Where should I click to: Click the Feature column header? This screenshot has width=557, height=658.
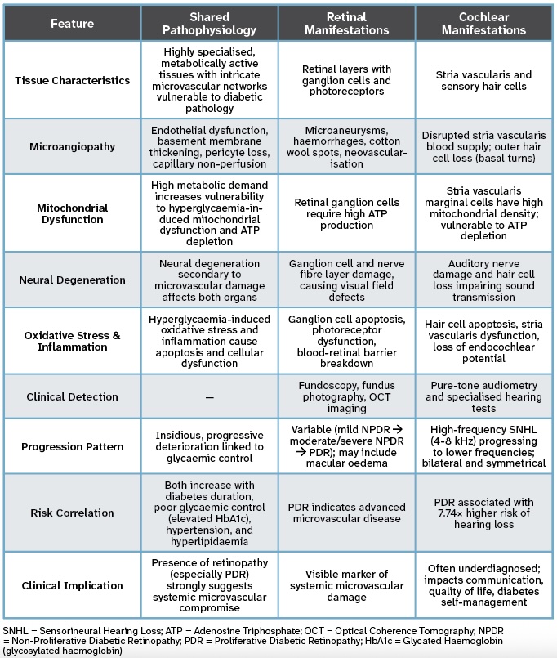72,24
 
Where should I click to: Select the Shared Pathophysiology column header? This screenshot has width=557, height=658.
209,24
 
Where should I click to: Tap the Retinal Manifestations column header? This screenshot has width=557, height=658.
346,24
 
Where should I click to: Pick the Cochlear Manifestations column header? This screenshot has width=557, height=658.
483,24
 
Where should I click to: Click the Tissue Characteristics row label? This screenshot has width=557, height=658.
72,80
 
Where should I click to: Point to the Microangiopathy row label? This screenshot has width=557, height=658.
72,146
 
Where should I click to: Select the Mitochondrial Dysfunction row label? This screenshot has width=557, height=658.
72,213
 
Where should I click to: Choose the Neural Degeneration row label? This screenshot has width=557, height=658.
72,280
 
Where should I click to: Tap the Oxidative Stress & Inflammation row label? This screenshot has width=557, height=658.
72,341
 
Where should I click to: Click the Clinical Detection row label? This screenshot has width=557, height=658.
72,396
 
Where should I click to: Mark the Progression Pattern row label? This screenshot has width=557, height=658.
72,447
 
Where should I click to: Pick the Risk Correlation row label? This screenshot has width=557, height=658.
72,513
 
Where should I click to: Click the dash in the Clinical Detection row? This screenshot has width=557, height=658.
209,396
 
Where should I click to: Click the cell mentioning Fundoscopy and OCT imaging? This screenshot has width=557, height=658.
346,396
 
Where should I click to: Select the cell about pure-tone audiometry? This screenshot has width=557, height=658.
483,396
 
